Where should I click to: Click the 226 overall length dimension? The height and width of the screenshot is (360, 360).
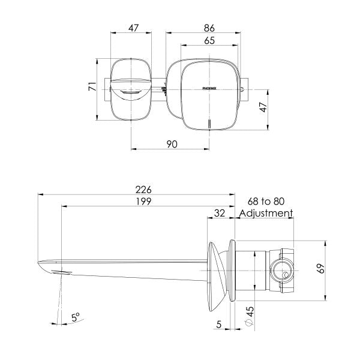pyautogui.click(x=143, y=189)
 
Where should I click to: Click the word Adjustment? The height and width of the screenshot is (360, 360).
pyautogui.click(x=266, y=213)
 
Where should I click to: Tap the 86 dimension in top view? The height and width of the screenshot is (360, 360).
pyautogui.click(x=209, y=28)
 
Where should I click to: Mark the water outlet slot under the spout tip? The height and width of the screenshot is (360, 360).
pyautogui.click(x=62, y=272)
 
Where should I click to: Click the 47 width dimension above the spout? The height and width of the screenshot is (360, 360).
pyautogui.click(x=134, y=28)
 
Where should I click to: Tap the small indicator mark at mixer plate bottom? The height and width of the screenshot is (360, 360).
pyautogui.click(x=209, y=124)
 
